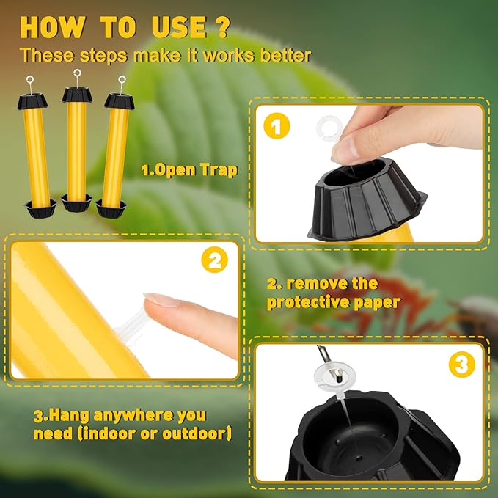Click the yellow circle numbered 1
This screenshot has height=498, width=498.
[x=275, y=127]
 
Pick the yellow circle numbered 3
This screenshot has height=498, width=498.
[x=461, y=365]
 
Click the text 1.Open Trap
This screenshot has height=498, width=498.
[x=189, y=170]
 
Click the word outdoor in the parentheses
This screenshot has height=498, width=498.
[x=197, y=433]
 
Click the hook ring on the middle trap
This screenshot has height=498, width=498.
[x=76, y=75]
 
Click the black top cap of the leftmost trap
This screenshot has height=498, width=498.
[x=35, y=102]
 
